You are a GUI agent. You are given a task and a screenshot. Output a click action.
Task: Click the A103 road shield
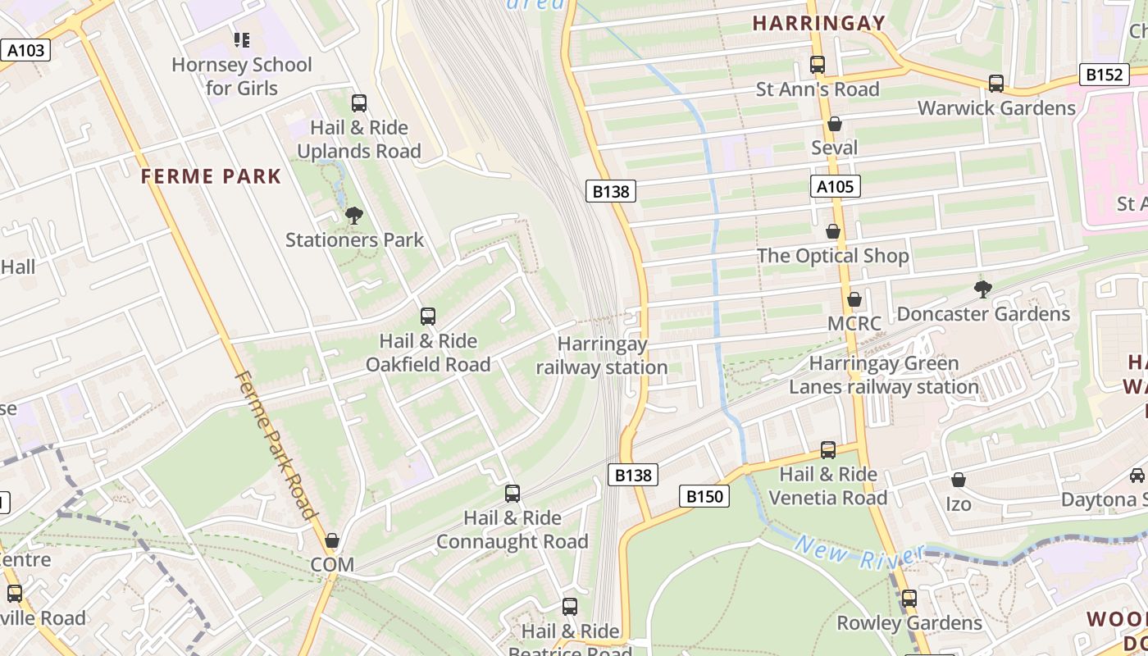(25, 51)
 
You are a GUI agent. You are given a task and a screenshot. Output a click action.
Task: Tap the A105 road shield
(836, 187)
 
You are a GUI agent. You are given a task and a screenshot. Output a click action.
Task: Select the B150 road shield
(704, 496)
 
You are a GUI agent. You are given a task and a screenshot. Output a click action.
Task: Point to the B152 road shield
(1104, 75)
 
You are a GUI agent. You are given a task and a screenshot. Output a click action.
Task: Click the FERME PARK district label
(211, 176)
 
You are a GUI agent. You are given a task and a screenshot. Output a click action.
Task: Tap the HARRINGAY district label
(819, 23)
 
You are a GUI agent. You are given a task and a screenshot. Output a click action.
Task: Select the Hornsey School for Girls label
(242, 76)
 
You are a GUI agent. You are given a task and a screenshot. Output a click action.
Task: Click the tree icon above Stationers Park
(354, 216)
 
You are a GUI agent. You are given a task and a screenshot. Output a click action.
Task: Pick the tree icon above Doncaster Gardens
(982, 289)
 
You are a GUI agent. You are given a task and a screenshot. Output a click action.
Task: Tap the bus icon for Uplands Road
(359, 103)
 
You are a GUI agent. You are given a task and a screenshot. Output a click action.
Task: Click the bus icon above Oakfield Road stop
(427, 317)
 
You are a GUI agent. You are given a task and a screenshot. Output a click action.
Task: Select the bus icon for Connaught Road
(512, 494)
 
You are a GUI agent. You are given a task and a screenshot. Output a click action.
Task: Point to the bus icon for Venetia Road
(828, 450)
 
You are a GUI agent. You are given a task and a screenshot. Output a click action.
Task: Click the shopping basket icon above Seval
(835, 124)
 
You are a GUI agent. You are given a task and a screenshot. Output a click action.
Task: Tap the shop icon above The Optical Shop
(833, 232)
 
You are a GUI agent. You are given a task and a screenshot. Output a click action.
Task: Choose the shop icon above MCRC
(854, 299)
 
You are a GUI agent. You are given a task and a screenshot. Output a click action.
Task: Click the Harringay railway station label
(602, 356)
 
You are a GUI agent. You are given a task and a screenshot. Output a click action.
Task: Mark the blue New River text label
(859, 555)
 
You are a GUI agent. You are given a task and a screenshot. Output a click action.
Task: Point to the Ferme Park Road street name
(276, 445)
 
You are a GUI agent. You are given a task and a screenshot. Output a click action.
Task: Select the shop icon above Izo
(958, 480)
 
